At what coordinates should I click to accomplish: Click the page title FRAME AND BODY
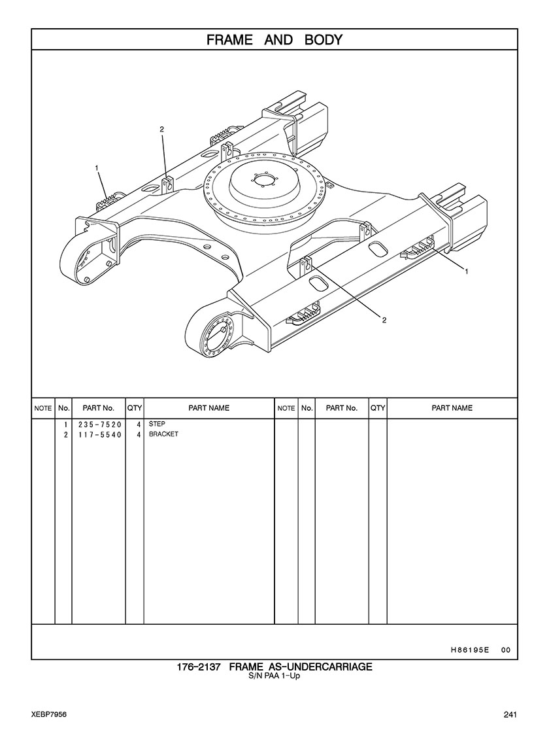[274, 40]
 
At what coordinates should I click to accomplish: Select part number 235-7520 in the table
[99, 425]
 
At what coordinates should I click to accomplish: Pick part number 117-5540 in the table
[99, 434]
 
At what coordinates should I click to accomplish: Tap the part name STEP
[157, 424]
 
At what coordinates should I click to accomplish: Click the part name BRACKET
[163, 434]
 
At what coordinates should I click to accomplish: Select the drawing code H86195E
[469, 650]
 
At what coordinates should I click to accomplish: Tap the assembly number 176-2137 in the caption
[198, 667]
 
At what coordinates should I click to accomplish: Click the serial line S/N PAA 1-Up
[274, 676]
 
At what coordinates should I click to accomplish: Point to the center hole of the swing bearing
[264, 181]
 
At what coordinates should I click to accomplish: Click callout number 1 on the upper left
[97, 167]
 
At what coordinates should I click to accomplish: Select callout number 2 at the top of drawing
[162, 130]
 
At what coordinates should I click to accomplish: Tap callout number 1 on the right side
[466, 271]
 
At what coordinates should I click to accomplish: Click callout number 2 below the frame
[384, 320]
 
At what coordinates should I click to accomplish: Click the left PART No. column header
[99, 408]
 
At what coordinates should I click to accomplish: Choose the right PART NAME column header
[452, 408]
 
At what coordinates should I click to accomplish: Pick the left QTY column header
[135, 408]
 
